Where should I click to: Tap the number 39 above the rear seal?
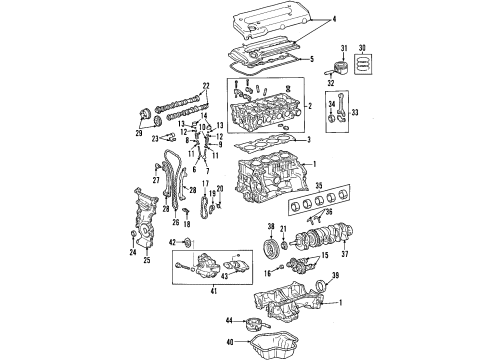pyautogui.click(x=336, y=274)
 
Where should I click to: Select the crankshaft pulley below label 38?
pyautogui.click(x=268, y=247)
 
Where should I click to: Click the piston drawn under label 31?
pyautogui.click(x=340, y=67)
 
